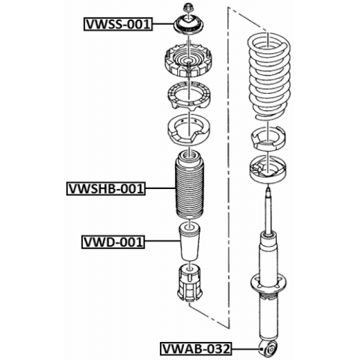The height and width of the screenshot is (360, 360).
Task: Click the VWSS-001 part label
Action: (x=118, y=24)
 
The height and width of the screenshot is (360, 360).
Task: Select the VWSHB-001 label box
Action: (x=106, y=189)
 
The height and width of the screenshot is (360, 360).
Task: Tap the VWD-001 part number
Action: (x=113, y=242)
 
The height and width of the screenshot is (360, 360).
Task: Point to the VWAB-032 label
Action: (x=196, y=349)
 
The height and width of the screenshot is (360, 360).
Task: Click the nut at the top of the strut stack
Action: (x=188, y=7)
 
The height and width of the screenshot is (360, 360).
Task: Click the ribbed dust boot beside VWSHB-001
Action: (x=190, y=185)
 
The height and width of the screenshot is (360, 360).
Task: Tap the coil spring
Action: (x=269, y=77)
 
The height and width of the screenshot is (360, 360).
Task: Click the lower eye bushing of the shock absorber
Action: (x=269, y=349)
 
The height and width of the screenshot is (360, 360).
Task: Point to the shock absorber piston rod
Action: (x=268, y=211)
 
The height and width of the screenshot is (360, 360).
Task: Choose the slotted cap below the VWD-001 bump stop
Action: (x=190, y=283)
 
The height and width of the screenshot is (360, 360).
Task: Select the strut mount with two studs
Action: (x=188, y=60)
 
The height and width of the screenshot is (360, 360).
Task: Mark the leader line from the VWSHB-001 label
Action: (x=160, y=188)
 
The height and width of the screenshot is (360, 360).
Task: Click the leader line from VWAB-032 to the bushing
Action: (x=246, y=349)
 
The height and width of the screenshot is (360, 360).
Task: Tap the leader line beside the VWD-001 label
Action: (x=163, y=241)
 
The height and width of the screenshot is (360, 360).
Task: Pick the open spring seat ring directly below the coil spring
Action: (x=268, y=138)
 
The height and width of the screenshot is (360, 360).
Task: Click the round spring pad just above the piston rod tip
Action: (x=268, y=169)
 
